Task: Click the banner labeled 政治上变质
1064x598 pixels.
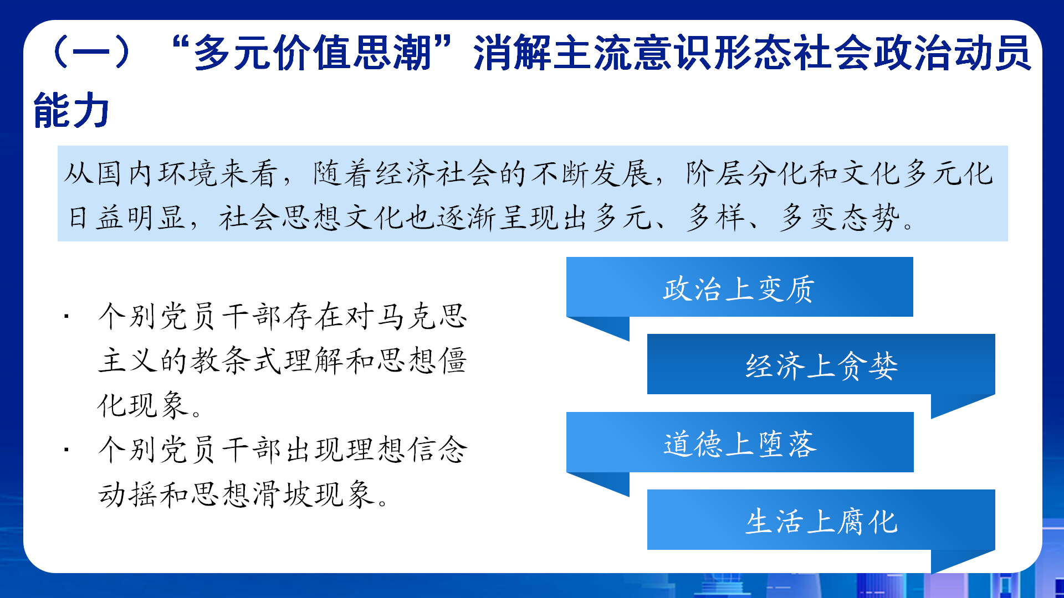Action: (739, 287)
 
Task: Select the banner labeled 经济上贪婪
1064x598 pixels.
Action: (821, 364)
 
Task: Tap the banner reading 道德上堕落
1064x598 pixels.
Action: (740, 442)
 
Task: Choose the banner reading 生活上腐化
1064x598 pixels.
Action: (821, 519)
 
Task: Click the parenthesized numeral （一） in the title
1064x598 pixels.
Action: (91, 53)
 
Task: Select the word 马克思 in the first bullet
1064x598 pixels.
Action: (422, 317)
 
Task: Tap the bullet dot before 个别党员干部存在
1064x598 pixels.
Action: (66, 317)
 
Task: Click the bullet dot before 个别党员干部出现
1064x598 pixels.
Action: (66, 449)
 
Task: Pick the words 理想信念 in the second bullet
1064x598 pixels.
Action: (407, 449)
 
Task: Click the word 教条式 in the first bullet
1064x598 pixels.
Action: (237, 361)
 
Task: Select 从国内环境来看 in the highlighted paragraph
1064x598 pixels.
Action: (171, 173)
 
